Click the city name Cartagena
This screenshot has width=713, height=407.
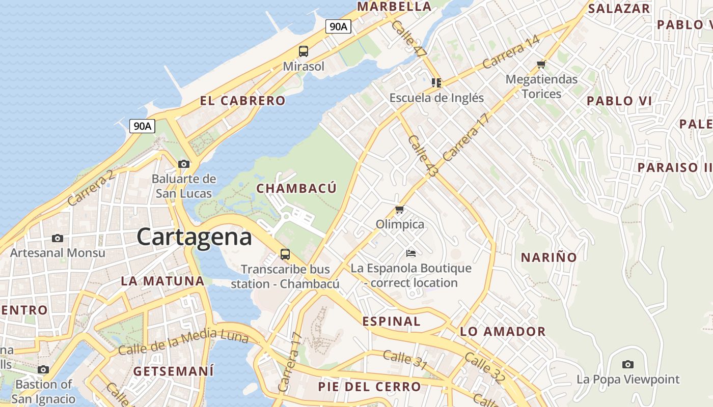tap(194, 237)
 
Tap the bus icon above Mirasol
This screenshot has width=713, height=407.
tap(304, 51)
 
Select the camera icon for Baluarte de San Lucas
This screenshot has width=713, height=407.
tap(184, 164)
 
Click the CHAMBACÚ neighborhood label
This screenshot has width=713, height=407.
tap(296, 189)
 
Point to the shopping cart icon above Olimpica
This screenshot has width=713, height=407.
tap(400, 209)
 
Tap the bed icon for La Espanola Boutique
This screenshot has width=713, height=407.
tap(411, 253)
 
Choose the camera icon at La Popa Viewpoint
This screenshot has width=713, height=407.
tap(628, 364)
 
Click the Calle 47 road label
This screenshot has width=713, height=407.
tap(410, 39)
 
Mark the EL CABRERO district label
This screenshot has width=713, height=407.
tap(242, 101)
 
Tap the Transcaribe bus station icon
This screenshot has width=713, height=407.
tap(285, 254)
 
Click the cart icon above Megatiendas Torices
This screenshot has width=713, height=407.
tap(541, 64)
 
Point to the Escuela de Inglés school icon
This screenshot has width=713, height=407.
tap(436, 82)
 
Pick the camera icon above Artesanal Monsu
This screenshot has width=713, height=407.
tap(58, 238)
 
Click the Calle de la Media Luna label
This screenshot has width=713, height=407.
tap(183, 342)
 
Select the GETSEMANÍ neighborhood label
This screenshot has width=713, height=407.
tap(173, 371)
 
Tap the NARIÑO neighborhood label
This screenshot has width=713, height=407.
tap(549, 257)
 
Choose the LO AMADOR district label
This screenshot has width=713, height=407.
tap(503, 332)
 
